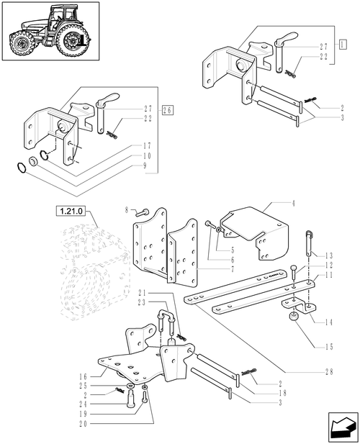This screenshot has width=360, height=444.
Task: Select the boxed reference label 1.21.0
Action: coord(69,212)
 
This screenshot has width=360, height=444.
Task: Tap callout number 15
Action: coord(328,348)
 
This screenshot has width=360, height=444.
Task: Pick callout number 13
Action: coord(329,255)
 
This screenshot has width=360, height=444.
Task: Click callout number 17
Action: coord(146,146)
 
